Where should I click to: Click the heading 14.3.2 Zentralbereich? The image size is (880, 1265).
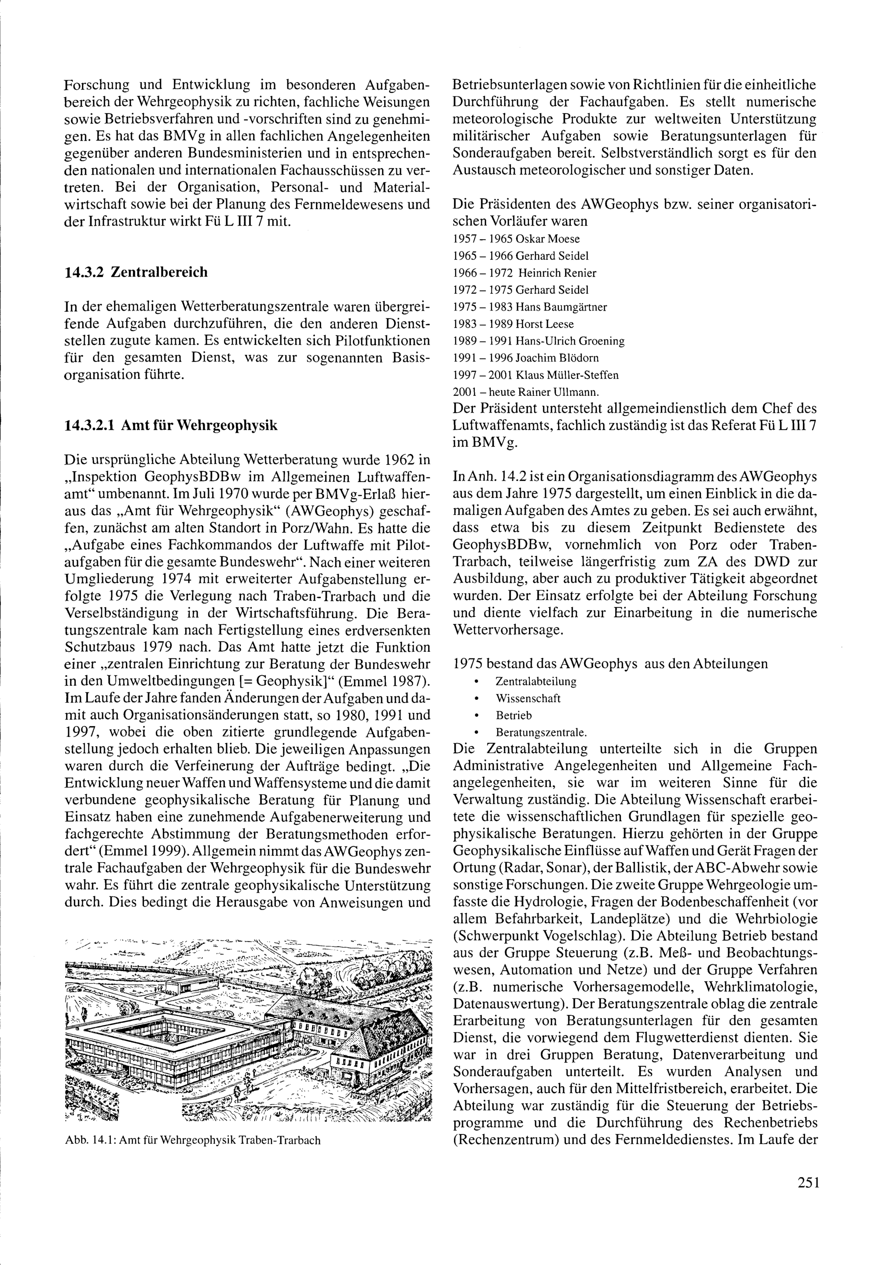(136, 273)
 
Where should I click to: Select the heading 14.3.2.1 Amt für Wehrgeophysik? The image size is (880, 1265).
(171, 425)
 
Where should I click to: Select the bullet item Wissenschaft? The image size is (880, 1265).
(528, 698)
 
